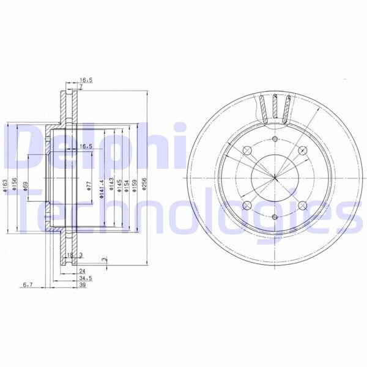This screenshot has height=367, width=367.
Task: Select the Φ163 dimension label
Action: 5,182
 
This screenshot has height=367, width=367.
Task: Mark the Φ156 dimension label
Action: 15,182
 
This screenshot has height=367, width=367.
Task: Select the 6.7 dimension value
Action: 27,285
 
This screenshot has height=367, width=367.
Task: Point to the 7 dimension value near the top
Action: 80,88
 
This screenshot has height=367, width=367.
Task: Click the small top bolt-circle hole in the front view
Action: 275,140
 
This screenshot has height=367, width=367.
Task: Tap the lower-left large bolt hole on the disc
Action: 248,206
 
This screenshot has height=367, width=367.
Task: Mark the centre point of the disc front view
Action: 275,179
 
